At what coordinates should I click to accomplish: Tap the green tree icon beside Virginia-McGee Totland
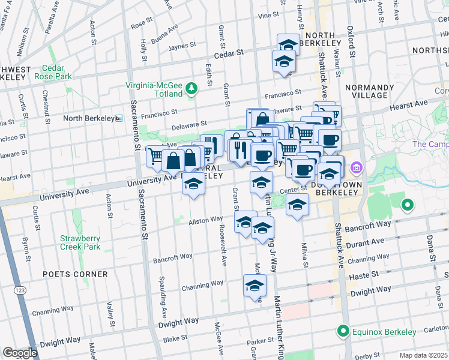[191, 89]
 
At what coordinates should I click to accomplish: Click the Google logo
[20, 353]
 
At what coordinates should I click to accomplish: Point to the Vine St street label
[259, 16]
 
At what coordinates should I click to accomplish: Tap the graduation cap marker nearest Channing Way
[255, 285]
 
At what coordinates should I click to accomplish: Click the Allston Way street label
[206, 221]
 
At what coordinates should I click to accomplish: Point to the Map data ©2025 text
[424, 355]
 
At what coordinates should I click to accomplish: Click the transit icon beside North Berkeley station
[119, 118]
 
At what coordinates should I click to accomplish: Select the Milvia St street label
[305, 255]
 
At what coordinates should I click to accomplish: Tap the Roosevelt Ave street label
[223, 252]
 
